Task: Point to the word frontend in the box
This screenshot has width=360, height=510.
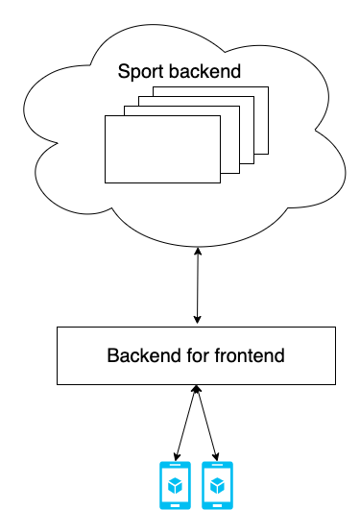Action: click(250, 355)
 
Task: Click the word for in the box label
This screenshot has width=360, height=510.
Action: click(198, 355)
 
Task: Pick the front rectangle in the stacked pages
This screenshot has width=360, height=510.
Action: click(162, 149)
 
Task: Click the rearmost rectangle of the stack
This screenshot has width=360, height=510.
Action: click(211, 120)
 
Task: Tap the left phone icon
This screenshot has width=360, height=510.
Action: click(175, 485)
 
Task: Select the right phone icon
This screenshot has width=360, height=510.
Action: click(217, 485)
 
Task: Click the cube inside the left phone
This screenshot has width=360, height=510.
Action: click(175, 486)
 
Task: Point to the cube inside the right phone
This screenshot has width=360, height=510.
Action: click(217, 486)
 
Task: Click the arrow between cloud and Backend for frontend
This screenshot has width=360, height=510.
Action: click(198, 285)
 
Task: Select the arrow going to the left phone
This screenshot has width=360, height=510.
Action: click(185, 424)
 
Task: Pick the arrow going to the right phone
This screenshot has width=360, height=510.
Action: click(206, 424)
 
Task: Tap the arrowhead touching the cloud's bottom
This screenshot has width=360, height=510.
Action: click(198, 251)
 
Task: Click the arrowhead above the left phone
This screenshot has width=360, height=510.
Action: click(177, 456)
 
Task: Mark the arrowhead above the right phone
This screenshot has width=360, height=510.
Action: click(216, 456)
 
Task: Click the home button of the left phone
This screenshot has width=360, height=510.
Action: click(175, 505)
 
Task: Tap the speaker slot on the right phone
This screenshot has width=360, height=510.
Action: click(217, 465)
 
